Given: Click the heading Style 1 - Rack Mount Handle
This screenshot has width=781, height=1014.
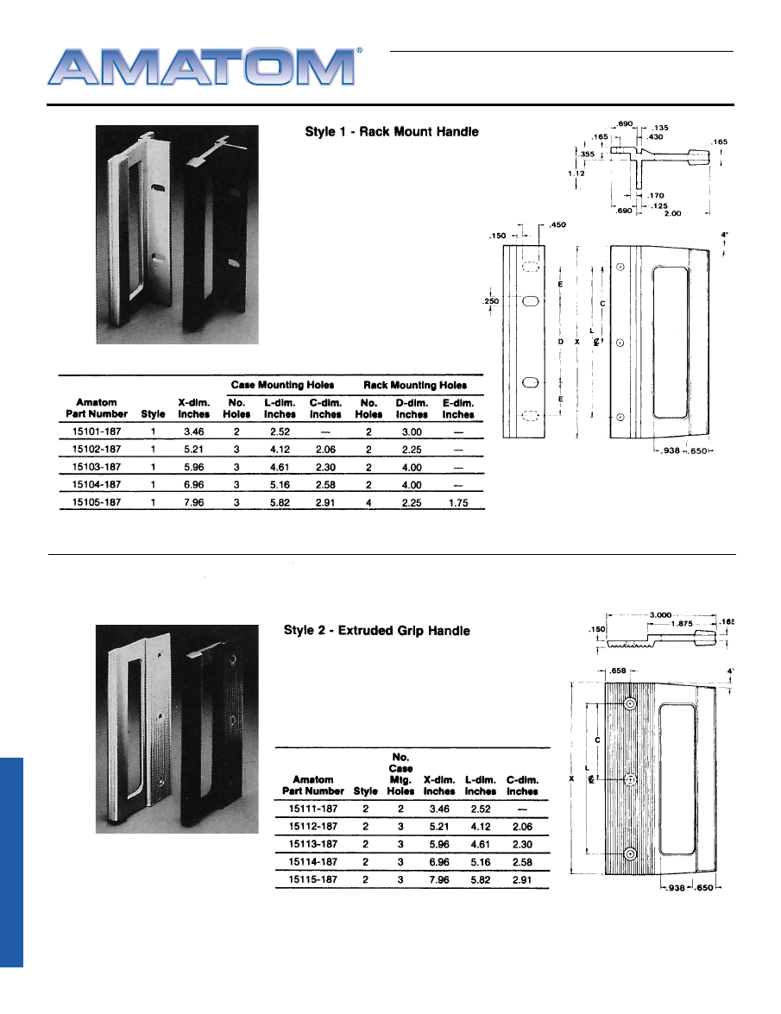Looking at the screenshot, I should click(392, 132).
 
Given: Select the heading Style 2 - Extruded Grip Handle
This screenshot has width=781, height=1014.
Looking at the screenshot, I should click(377, 631).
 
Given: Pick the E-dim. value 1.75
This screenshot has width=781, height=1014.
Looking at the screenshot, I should click(458, 503).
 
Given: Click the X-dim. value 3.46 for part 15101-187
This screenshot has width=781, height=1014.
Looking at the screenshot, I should click(193, 431).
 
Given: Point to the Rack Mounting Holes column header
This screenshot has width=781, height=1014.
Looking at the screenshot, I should click(415, 385).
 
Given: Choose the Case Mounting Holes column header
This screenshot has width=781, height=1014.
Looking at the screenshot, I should click(283, 385).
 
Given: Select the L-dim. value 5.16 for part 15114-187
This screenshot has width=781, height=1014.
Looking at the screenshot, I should click(481, 862).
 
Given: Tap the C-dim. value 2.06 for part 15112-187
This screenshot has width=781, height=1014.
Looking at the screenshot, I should click(521, 826).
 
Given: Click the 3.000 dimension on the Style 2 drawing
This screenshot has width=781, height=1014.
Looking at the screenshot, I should click(661, 613).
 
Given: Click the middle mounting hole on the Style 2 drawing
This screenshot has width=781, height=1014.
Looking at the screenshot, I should click(631, 779).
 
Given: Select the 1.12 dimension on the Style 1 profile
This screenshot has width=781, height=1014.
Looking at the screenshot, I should click(576, 173).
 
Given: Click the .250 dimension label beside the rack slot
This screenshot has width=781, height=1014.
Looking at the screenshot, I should click(491, 300).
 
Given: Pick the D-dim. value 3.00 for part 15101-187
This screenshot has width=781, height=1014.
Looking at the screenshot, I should click(412, 431).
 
